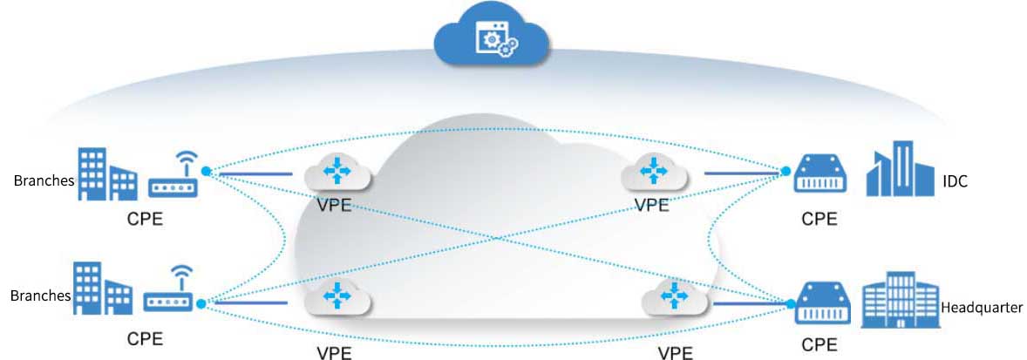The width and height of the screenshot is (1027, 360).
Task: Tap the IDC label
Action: [956, 182]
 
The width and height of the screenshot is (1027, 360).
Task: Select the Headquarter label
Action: [982, 308]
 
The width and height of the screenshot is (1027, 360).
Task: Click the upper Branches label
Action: [41, 181]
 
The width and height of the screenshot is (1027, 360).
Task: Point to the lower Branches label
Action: [40, 295]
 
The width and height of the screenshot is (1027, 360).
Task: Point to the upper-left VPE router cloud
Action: [337, 173]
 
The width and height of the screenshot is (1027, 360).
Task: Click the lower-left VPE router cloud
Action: [338, 299]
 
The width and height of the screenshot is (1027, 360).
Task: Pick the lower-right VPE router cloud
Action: [674, 298]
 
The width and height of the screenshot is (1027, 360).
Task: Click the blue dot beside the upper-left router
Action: [207, 171]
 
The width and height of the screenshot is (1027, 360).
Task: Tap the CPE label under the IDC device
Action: [820, 219]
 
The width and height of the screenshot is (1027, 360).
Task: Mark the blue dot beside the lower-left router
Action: [202, 304]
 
